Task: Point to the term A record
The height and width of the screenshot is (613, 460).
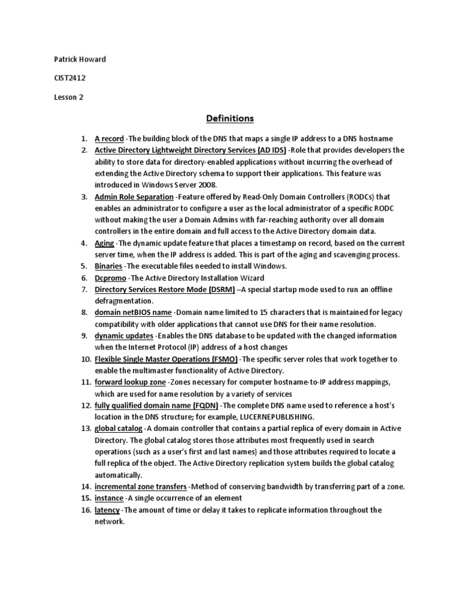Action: pos(109,139)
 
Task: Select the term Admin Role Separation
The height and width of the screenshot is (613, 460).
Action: pos(134,196)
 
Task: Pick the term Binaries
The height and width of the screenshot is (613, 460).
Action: pos(108,266)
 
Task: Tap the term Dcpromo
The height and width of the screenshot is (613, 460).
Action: pos(110,278)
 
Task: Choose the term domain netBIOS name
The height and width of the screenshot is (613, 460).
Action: pos(134,312)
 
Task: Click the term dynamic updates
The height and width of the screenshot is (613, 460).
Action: pos(123,336)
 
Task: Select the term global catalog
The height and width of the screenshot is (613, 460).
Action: pos(119,429)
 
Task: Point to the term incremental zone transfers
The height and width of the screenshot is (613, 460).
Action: pos(141,487)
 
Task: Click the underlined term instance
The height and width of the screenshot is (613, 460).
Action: pos(109,498)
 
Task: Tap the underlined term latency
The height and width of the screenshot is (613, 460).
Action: pos(107,510)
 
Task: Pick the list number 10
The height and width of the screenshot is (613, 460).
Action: pos(85,359)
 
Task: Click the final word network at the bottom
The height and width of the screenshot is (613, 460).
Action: pos(109,521)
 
